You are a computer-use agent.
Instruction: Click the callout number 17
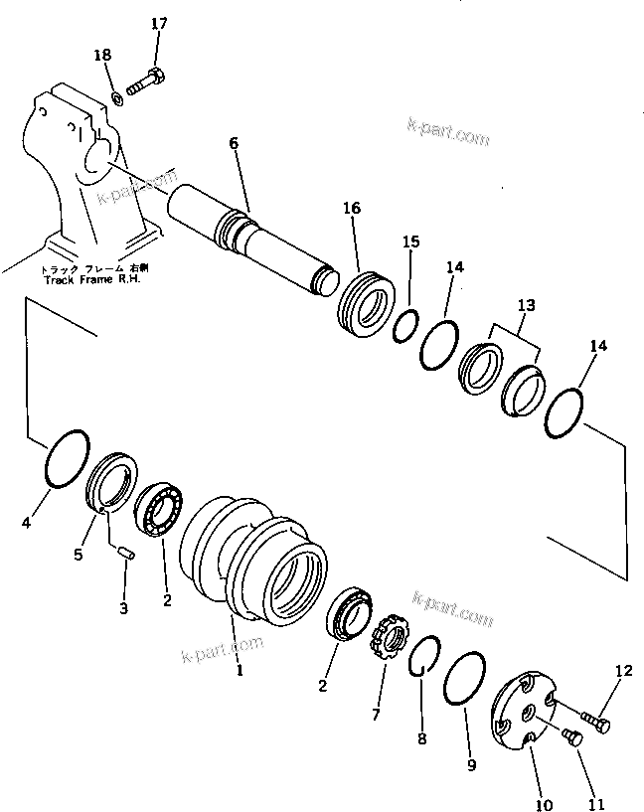tap(160, 23)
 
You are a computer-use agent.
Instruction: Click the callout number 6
tap(234, 143)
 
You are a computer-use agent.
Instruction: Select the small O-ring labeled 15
tap(405, 324)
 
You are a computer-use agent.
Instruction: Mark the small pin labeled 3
tap(125, 555)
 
